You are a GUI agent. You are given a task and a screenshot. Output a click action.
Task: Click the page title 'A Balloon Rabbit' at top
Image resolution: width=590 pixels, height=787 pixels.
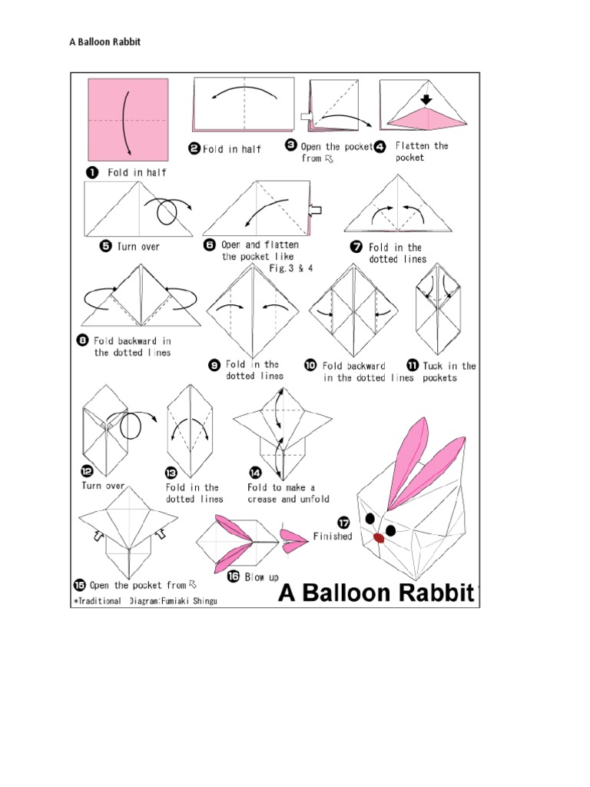[105, 42]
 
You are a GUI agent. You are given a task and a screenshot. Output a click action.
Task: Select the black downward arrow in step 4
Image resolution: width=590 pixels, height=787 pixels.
[427, 99]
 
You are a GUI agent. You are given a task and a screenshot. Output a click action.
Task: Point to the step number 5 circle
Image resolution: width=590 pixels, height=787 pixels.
[105, 247]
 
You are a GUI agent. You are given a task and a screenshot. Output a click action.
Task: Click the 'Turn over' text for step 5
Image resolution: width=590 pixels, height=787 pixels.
[139, 247]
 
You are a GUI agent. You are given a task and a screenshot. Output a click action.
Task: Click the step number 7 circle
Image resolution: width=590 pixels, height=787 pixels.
[356, 247]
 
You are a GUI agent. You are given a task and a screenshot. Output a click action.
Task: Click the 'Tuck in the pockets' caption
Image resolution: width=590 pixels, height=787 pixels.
[449, 372]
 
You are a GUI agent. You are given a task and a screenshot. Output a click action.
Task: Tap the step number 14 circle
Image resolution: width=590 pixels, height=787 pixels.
[254, 472]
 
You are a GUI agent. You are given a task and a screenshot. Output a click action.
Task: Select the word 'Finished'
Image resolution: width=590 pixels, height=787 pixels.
[332, 536]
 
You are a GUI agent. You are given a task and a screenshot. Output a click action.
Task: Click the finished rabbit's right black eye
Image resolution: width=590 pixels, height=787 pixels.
[391, 530]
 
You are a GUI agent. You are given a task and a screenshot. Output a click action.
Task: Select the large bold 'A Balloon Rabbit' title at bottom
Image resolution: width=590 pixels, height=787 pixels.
[376, 593]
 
